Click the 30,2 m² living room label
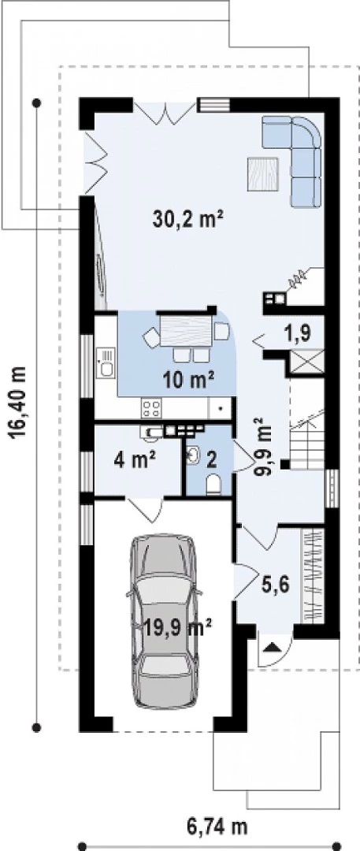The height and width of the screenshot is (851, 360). [188, 219]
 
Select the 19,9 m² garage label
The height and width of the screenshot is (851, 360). [177, 629]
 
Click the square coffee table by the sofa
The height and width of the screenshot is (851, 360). [263, 174]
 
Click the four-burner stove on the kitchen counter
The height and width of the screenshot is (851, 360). [151, 408]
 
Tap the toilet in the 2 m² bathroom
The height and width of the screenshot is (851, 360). [214, 484]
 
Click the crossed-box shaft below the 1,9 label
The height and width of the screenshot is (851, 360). [306, 362]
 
